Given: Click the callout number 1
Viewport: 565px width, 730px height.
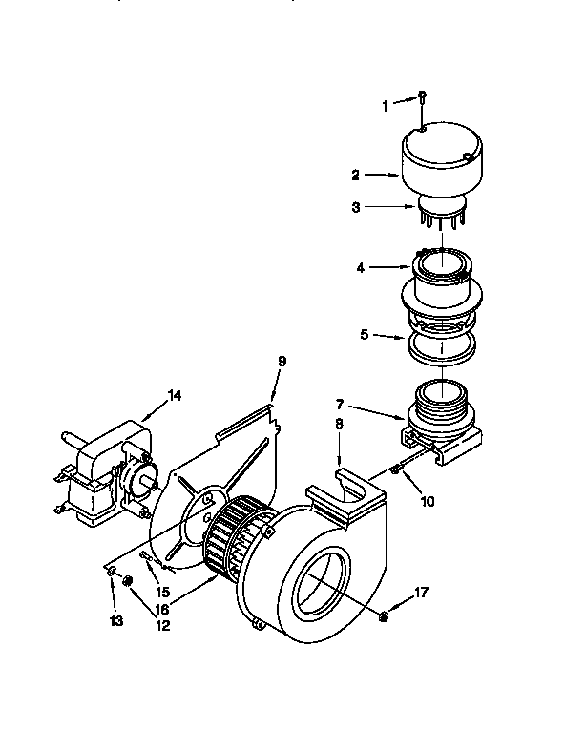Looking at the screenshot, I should tap(387, 106).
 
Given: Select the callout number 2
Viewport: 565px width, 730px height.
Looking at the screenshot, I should tap(355, 176).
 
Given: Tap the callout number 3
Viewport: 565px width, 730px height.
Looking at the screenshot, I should tap(355, 205).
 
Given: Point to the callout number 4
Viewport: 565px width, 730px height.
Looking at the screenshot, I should tap(361, 268).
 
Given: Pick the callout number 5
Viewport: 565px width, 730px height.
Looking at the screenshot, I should tap(363, 335).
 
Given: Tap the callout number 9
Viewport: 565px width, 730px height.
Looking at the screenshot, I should tap(282, 363).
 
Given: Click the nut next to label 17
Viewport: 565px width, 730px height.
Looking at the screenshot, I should tap(383, 616).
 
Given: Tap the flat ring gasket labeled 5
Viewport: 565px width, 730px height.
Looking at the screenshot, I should tap(442, 347).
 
